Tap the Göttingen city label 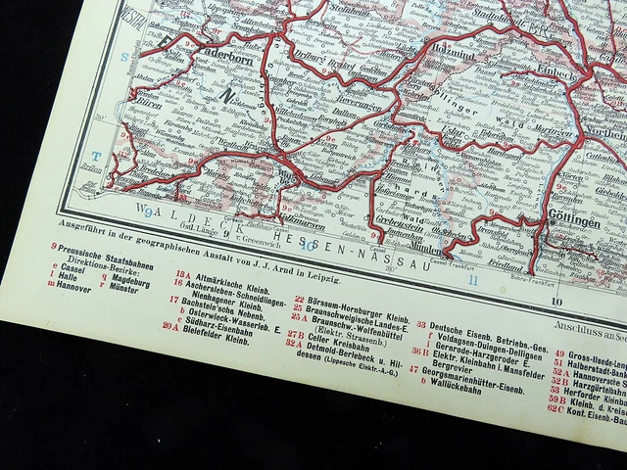(x=578, y=223)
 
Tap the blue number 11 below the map (x=473, y=282)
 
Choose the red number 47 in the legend (x=414, y=369)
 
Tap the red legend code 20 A (x=170, y=326)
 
